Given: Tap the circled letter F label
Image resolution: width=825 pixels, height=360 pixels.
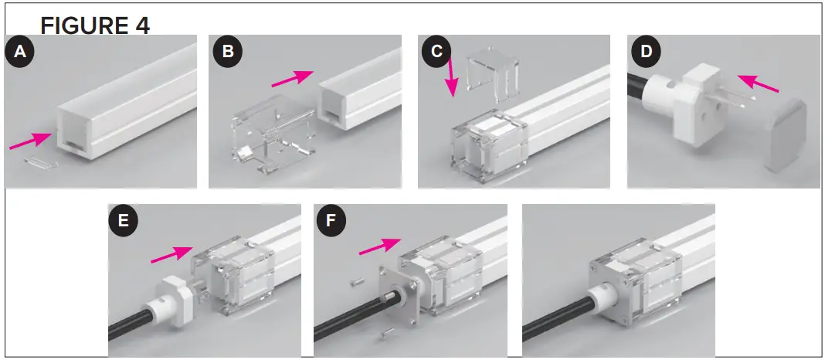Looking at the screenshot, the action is [x=333, y=222].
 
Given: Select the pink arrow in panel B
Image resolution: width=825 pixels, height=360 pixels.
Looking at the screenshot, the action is [x=292, y=78].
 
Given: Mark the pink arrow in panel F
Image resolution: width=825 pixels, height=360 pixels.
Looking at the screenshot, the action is [x=381, y=246].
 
